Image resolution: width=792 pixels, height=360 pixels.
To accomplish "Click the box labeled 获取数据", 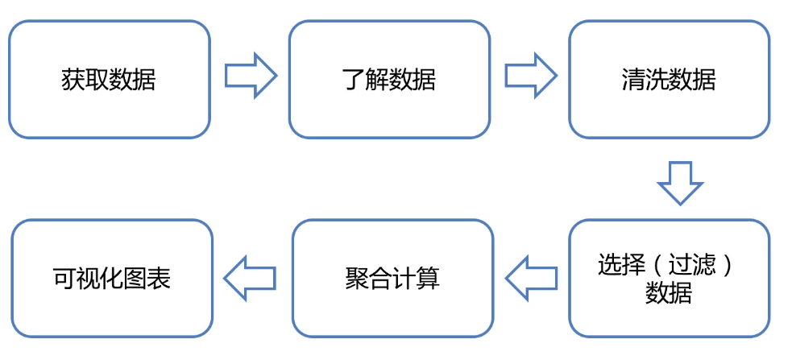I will (x=109, y=79).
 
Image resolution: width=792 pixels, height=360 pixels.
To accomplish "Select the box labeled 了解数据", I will (x=389, y=79).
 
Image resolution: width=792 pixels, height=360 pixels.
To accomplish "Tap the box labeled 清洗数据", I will (x=669, y=79).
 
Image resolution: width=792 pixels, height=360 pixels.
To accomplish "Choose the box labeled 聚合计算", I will (x=392, y=278).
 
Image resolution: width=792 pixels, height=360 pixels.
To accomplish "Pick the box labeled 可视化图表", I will (x=112, y=278).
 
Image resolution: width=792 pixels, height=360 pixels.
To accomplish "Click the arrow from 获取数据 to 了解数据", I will (x=250, y=77).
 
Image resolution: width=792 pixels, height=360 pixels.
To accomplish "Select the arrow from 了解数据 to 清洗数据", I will (x=530, y=77).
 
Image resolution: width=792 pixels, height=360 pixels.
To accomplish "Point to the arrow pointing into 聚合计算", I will (x=531, y=278).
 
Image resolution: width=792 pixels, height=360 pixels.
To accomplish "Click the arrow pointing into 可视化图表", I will (x=250, y=278).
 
